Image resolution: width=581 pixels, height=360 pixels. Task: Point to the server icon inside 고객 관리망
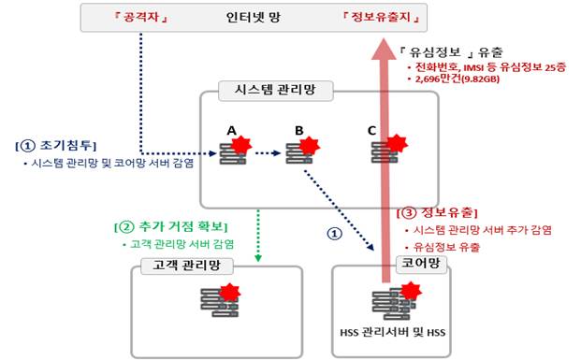click(x=218, y=300)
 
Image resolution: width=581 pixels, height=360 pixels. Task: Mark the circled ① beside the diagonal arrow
click(x=330, y=236)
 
